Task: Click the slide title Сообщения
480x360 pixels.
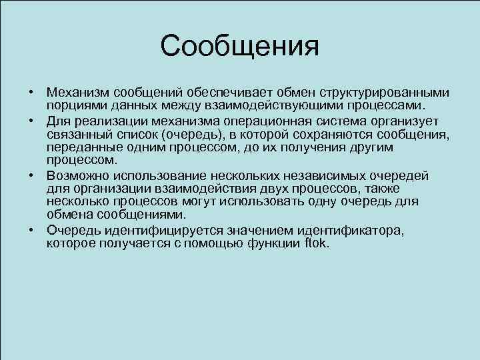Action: (x=240, y=46)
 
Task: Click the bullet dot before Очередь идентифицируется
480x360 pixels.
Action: (x=31, y=231)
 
